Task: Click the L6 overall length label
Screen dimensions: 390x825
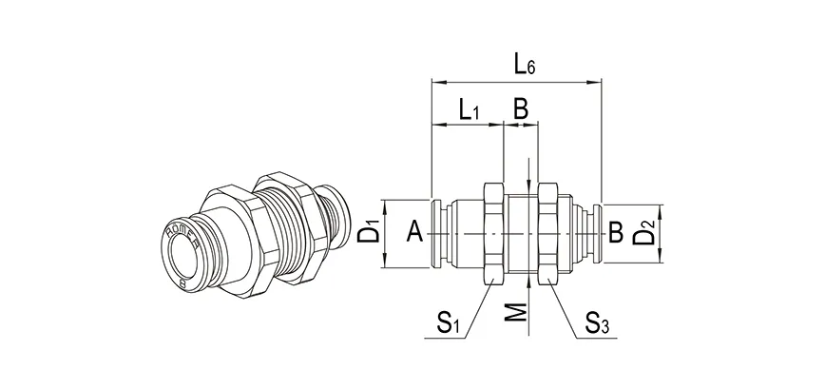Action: click(x=525, y=65)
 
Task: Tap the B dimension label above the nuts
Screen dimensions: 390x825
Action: click(x=521, y=109)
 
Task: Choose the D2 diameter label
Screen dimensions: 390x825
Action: click(x=643, y=231)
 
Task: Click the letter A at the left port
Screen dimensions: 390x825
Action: click(x=413, y=230)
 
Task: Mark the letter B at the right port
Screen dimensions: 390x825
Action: click(x=615, y=230)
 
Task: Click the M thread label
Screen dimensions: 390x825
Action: click(x=513, y=309)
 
